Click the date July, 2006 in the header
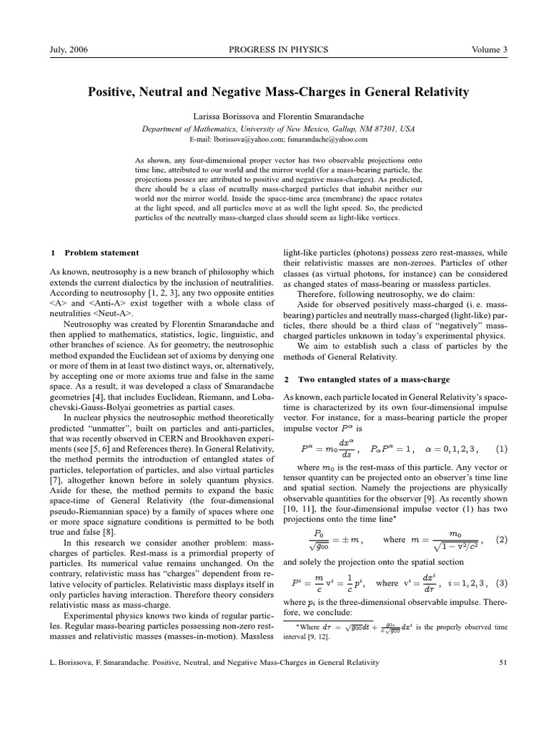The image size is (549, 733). tap(68, 49)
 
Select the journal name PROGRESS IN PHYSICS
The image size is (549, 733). tap(274, 49)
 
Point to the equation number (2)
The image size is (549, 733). tap(501, 540)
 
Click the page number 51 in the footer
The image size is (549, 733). tap(501, 663)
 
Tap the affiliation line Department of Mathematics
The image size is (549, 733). tap(274, 128)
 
